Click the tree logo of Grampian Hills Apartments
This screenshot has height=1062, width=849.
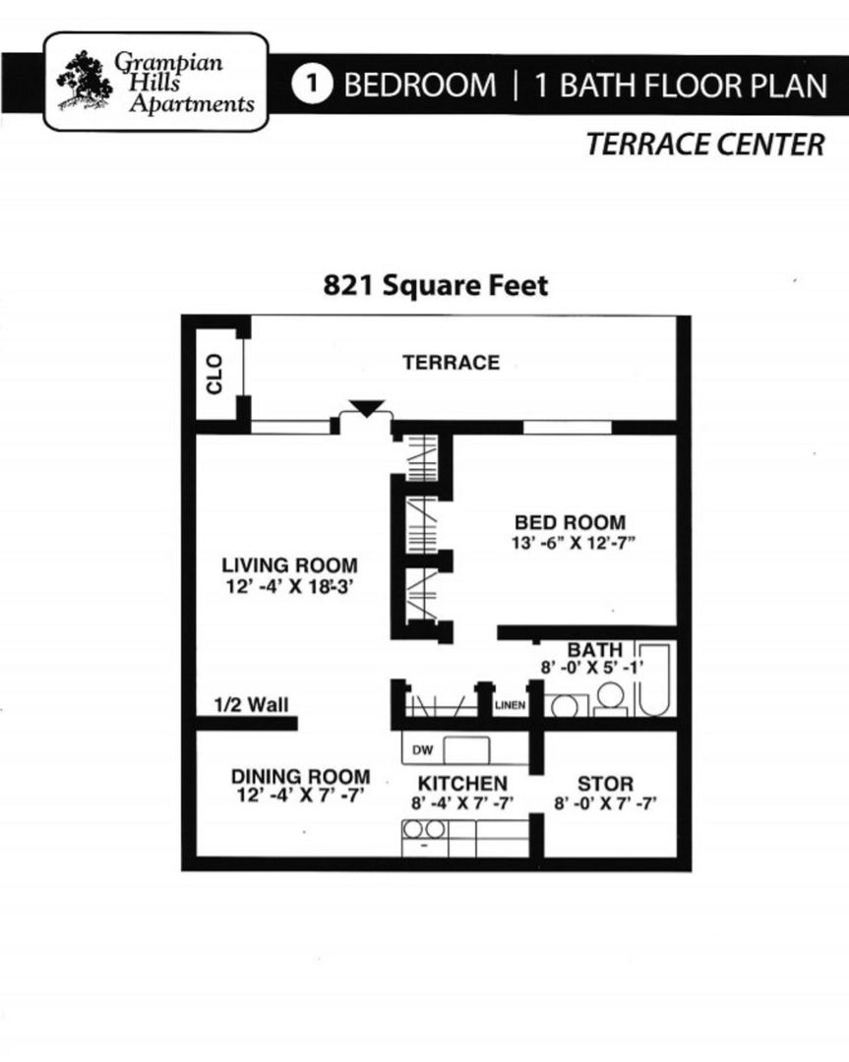tap(86, 81)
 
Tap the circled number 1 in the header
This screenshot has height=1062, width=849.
tap(313, 85)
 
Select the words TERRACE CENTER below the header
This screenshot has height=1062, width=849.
tap(704, 145)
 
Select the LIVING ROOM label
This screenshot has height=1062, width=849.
tap(289, 565)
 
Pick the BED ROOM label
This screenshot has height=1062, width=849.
tap(570, 522)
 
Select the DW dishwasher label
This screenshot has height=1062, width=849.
tap(423, 750)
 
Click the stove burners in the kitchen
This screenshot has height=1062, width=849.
tap(425, 830)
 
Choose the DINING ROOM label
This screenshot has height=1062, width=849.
tap(301, 776)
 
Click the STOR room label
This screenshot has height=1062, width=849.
tap(605, 784)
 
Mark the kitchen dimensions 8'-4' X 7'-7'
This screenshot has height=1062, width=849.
tap(462, 801)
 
